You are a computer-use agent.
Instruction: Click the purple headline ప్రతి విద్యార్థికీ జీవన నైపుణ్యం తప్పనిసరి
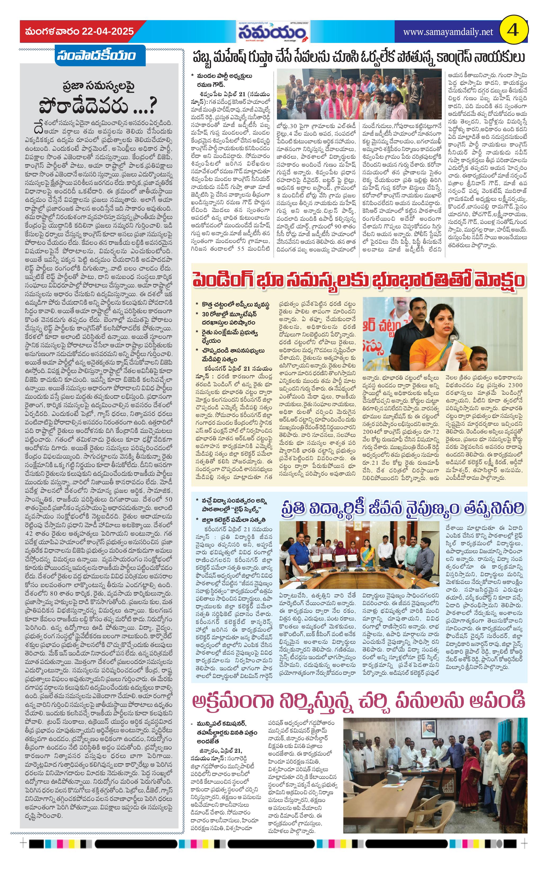pyautogui.click(x=402, y=508)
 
